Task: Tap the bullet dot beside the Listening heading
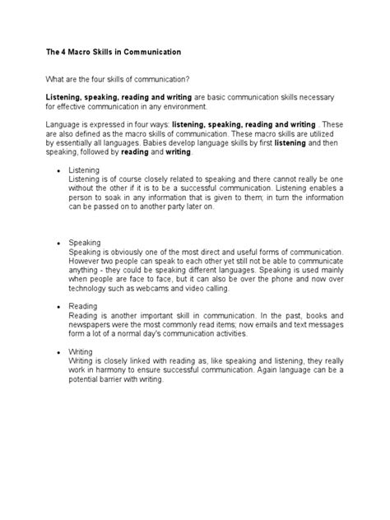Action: [x=58, y=169]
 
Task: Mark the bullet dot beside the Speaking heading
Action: [x=58, y=244]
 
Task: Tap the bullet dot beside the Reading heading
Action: [x=58, y=306]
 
